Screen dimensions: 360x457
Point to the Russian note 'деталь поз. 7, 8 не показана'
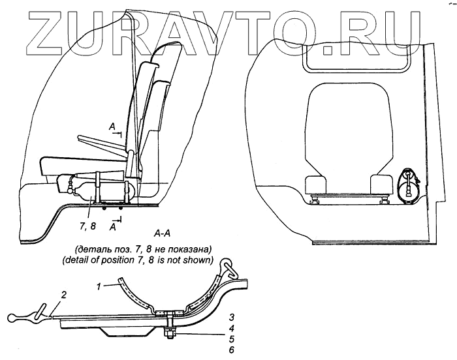(x=143, y=250)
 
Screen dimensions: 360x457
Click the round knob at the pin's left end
(x=13, y=319)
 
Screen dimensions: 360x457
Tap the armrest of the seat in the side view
(x=99, y=140)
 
